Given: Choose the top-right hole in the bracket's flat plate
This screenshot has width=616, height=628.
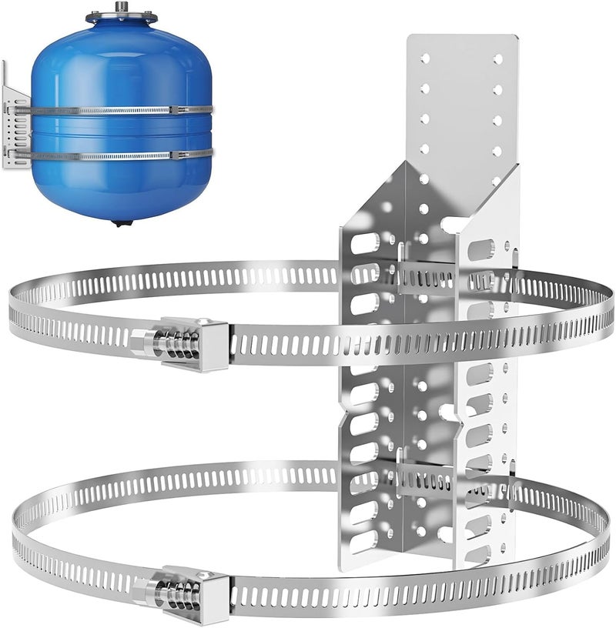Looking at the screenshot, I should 497,58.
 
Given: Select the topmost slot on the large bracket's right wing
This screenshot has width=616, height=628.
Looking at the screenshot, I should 482,249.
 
